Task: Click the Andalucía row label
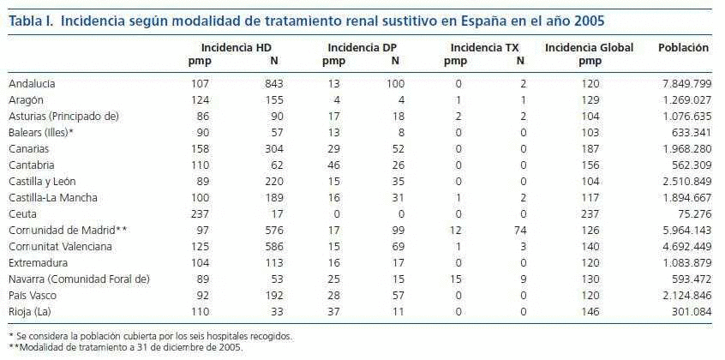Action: click(x=33, y=83)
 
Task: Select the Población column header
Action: click(x=683, y=48)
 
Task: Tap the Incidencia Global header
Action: click(x=589, y=48)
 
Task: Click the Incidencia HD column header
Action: click(x=237, y=48)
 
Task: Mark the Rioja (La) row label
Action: click(x=29, y=311)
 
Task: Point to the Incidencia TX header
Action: click(x=484, y=48)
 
